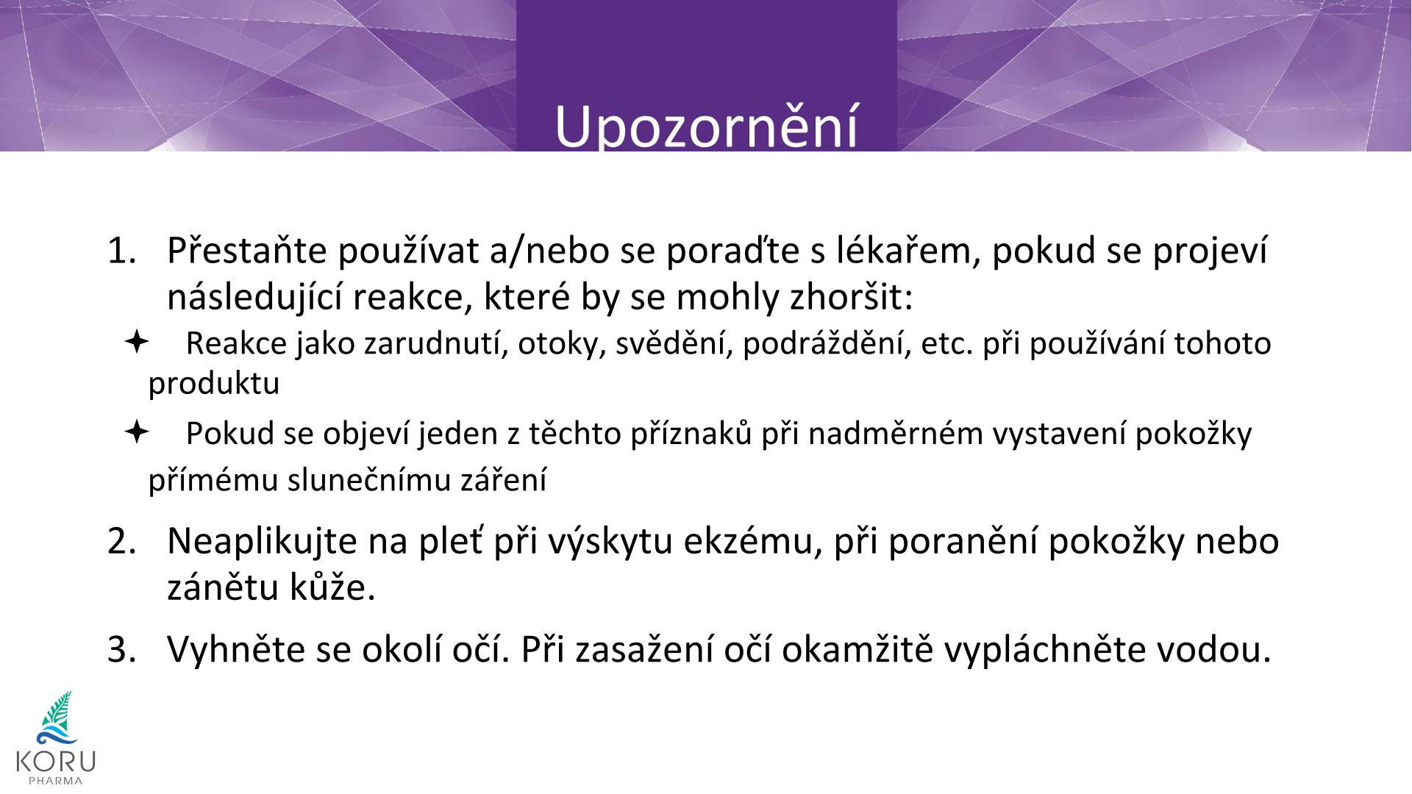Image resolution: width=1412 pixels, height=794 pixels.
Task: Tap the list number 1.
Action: click(x=122, y=251)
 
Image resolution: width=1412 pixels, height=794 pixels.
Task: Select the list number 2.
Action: click(x=122, y=542)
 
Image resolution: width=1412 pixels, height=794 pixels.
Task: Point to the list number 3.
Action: click(x=122, y=649)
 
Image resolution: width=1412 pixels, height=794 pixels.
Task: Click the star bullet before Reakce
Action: click(x=137, y=342)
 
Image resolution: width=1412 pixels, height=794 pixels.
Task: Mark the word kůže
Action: click(x=334, y=587)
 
